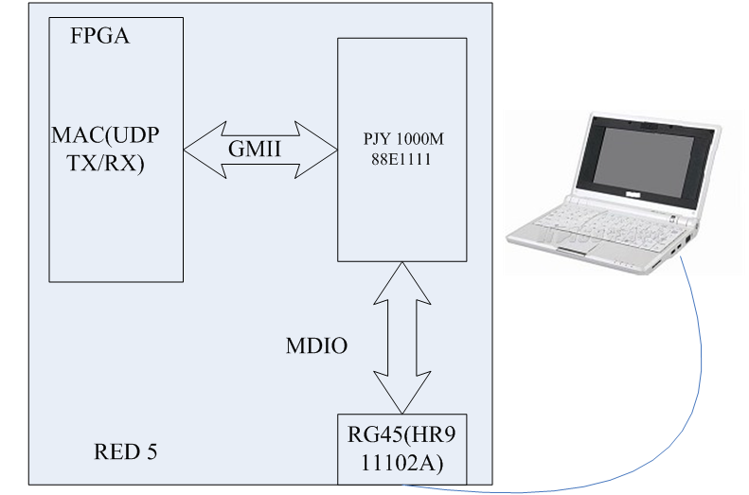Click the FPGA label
99,38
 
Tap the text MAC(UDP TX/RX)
105,148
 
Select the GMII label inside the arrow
254,149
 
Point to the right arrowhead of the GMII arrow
321,149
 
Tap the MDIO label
316,346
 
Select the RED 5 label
125,451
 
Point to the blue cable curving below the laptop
696,379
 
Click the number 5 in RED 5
151,451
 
